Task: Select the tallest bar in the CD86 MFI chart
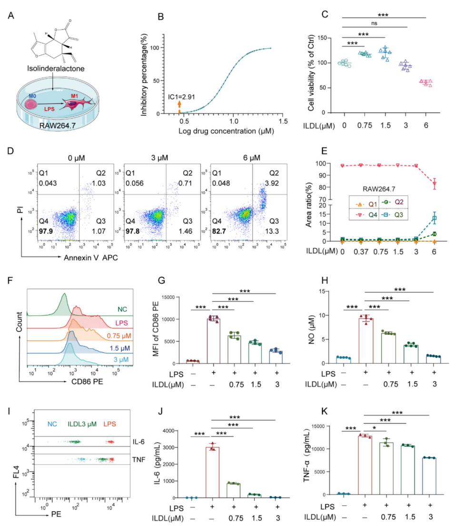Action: (213, 341)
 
